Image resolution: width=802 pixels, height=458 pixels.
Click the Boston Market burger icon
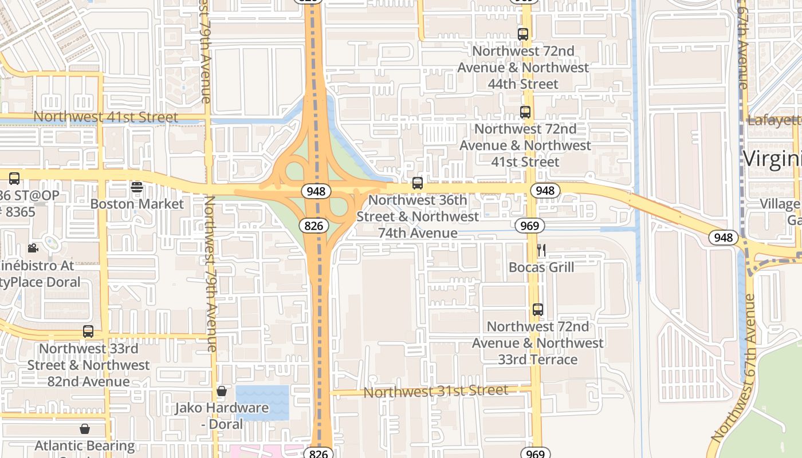[x=136, y=187]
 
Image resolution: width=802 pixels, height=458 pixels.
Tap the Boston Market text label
[x=137, y=204]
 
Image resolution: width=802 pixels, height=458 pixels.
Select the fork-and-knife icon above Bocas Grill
[x=541, y=250]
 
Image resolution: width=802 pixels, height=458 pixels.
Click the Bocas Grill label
[x=541, y=267]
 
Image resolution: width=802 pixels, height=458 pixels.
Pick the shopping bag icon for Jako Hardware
[x=222, y=392]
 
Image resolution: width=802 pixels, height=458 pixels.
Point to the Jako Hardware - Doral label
[x=222, y=416]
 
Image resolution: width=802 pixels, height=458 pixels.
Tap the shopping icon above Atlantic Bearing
[x=85, y=429]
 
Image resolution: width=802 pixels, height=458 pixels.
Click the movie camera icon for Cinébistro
[x=33, y=248]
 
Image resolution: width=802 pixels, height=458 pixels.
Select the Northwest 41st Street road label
[x=106, y=117]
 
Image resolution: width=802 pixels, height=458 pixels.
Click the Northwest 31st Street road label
[x=435, y=392]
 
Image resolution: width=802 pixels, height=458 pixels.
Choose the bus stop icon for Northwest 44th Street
[x=523, y=34]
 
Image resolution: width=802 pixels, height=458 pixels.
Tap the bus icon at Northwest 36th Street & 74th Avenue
[x=418, y=183]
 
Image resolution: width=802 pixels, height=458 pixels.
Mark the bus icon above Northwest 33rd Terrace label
[x=537, y=310]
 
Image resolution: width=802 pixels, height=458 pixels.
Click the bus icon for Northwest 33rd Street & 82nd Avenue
[x=88, y=331]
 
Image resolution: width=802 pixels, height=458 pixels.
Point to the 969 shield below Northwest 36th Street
[x=529, y=226]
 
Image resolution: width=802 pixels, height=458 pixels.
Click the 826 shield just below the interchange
[x=314, y=226]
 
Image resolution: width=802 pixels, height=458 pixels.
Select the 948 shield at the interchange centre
[x=316, y=191]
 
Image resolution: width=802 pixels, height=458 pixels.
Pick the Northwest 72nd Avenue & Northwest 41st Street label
[x=525, y=145]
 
